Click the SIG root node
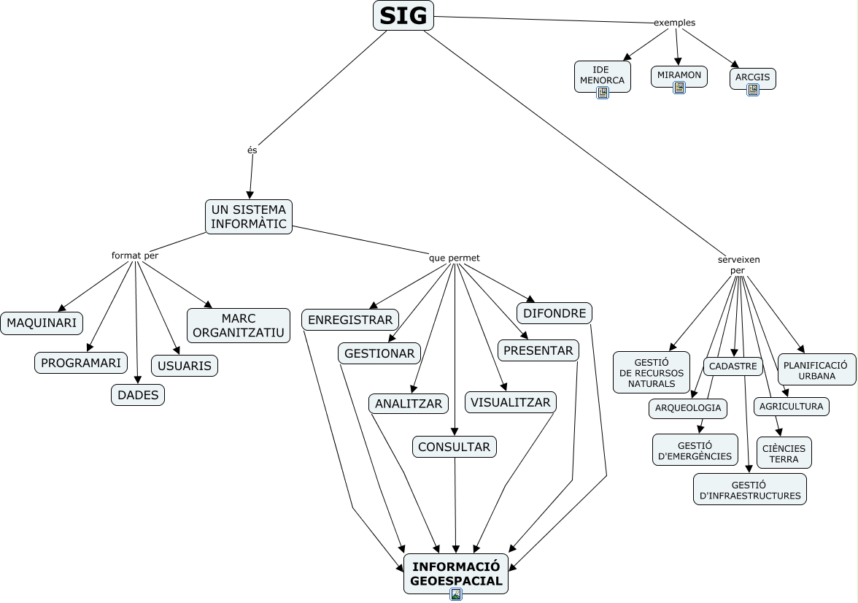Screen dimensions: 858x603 (403, 15)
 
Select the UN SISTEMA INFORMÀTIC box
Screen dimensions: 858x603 (248, 217)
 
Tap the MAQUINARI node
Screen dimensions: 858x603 (42, 323)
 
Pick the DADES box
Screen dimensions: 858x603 (138, 395)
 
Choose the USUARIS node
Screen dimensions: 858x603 (185, 366)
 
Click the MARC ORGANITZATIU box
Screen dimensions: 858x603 (239, 326)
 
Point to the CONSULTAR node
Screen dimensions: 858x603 (454, 447)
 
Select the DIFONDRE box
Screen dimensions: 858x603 (554, 313)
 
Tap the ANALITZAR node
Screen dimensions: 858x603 (409, 404)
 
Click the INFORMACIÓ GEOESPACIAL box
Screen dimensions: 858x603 (456, 573)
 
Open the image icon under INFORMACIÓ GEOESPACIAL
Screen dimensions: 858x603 (456, 594)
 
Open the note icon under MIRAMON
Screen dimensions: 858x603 (679, 88)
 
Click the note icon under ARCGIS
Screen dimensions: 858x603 (753, 90)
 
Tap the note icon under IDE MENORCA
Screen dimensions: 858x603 (603, 93)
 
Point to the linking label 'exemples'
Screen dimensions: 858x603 (675, 23)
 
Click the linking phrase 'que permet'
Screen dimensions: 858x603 (454, 258)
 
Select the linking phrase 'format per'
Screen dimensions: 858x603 (134, 256)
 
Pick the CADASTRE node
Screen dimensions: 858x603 (733, 366)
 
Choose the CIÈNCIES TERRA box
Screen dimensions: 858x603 (784, 453)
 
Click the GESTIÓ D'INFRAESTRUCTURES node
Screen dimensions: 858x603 (750, 490)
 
